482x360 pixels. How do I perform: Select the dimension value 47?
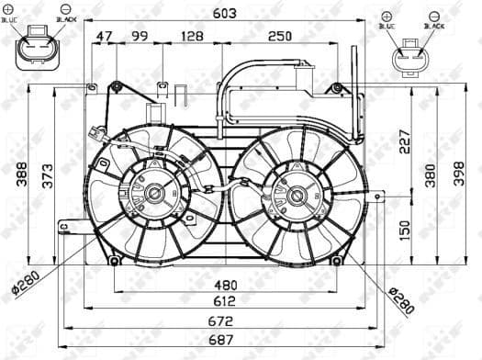click(105, 36)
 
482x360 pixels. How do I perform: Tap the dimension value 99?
click(140, 36)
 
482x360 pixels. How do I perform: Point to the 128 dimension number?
click(192, 36)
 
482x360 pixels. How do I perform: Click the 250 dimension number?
click(281, 36)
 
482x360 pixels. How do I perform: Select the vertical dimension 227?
click(405, 139)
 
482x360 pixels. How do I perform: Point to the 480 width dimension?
click(225, 285)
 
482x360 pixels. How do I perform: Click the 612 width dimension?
click(225, 301)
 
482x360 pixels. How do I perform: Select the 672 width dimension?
click(225, 321)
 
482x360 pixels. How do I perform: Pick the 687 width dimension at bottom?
click(225, 340)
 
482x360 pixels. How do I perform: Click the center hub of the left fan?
click(154, 194)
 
